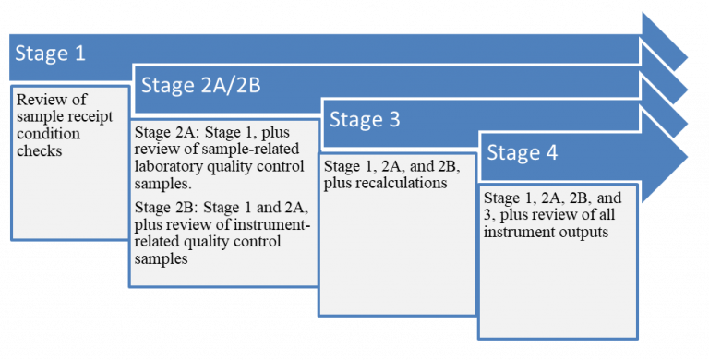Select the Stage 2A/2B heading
coord(199,86)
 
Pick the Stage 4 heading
coord(522,152)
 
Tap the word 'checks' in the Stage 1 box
coord(41,149)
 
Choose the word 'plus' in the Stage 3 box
coord(338,183)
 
